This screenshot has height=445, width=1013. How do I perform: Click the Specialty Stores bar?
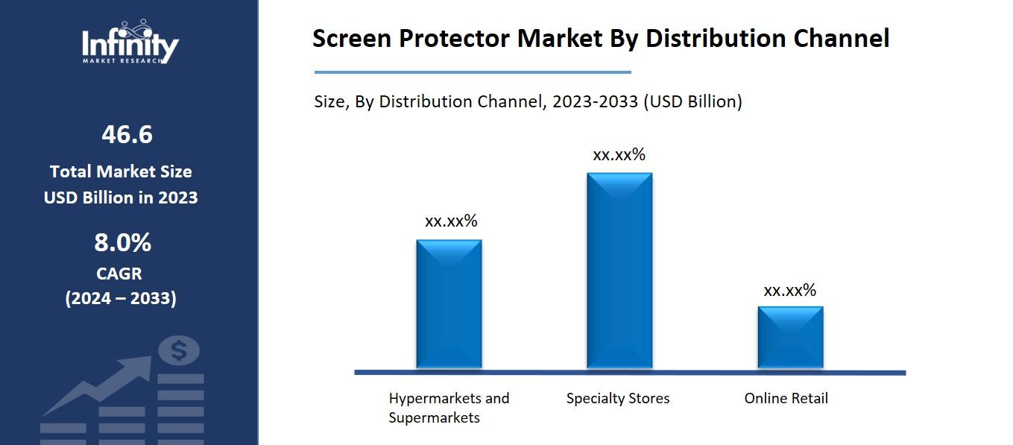tap(619, 271)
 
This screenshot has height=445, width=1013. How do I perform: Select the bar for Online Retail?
tap(790, 337)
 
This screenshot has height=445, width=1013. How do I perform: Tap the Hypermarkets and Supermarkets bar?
tap(449, 304)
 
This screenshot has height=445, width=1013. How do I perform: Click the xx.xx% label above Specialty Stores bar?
tap(619, 155)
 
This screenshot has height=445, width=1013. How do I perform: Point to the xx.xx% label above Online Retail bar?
tap(790, 291)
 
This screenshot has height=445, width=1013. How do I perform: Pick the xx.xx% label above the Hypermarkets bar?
tap(451, 221)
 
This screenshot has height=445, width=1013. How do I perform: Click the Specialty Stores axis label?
tap(618, 398)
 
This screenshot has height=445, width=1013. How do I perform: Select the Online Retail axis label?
tap(786, 398)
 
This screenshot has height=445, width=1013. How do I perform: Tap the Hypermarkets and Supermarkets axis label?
tap(449, 408)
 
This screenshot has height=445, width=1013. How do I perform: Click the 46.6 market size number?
tap(127, 135)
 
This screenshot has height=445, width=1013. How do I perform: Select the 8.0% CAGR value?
tap(122, 243)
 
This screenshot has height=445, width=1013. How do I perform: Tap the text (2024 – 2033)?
tap(121, 299)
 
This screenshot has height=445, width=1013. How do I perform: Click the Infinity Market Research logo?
tap(130, 42)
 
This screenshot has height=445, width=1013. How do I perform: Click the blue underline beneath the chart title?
tap(473, 72)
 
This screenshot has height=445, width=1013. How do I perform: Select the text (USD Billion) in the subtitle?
tap(692, 101)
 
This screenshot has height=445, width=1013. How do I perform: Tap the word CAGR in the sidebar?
tap(119, 274)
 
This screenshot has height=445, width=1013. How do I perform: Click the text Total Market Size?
tap(121, 171)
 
